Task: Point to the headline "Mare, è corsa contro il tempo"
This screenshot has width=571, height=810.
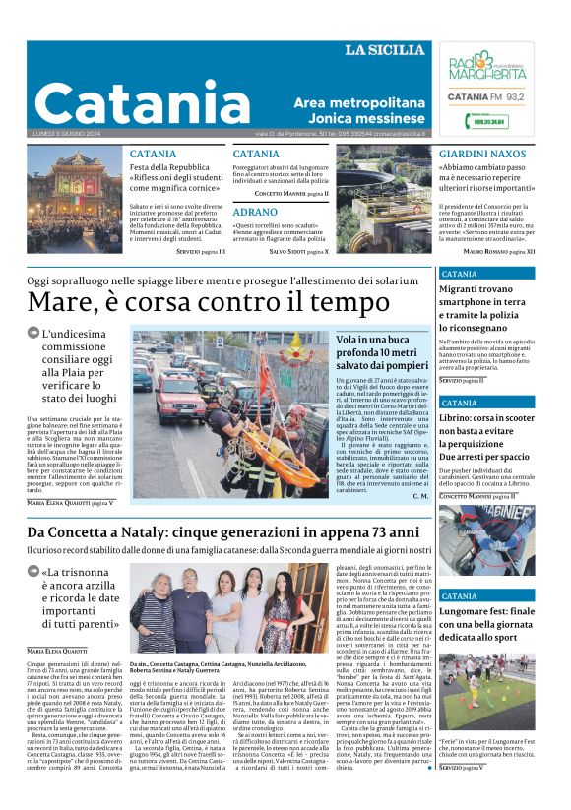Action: pos(195,301)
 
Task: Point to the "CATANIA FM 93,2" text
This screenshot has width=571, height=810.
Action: pos(486,96)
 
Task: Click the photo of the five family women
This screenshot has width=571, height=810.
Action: pos(227,610)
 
